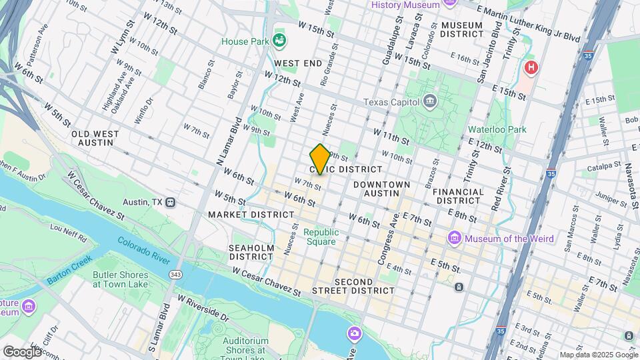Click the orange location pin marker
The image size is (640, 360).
[320, 159]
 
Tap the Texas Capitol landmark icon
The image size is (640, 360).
[429, 102]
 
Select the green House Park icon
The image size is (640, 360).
[279, 41]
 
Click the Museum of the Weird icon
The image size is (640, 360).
[455, 238]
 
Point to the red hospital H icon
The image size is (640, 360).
[531, 67]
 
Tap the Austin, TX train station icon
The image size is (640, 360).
[171, 202]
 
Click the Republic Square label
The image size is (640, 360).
[321, 237]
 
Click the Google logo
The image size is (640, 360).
[21, 351]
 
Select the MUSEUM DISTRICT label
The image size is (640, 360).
[461, 29]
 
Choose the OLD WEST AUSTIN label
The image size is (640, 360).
[95, 138]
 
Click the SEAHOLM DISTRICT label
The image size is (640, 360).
[251, 251]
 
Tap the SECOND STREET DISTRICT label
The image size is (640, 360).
[364, 287]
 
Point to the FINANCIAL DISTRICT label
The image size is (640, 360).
[458, 196]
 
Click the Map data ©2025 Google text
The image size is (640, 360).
[597, 355]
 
